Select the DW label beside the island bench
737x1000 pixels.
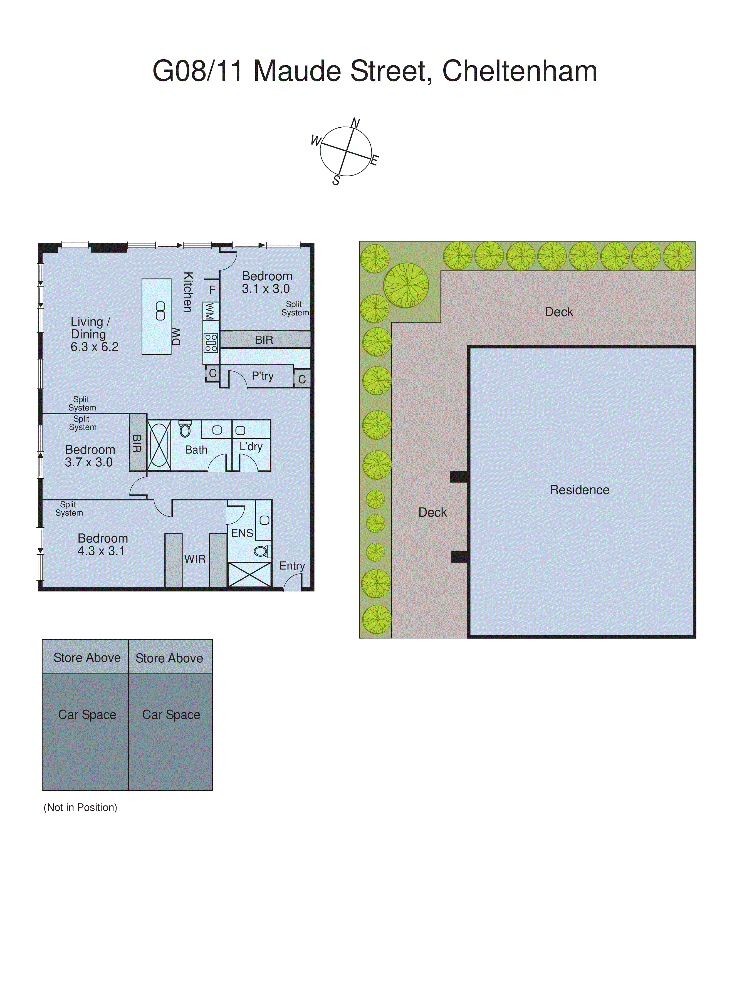177,337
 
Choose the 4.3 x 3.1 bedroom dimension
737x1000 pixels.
101,551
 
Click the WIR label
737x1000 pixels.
195,559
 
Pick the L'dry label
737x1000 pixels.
251,447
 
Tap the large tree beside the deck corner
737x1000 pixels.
406,286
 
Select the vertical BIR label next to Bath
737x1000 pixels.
137,444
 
